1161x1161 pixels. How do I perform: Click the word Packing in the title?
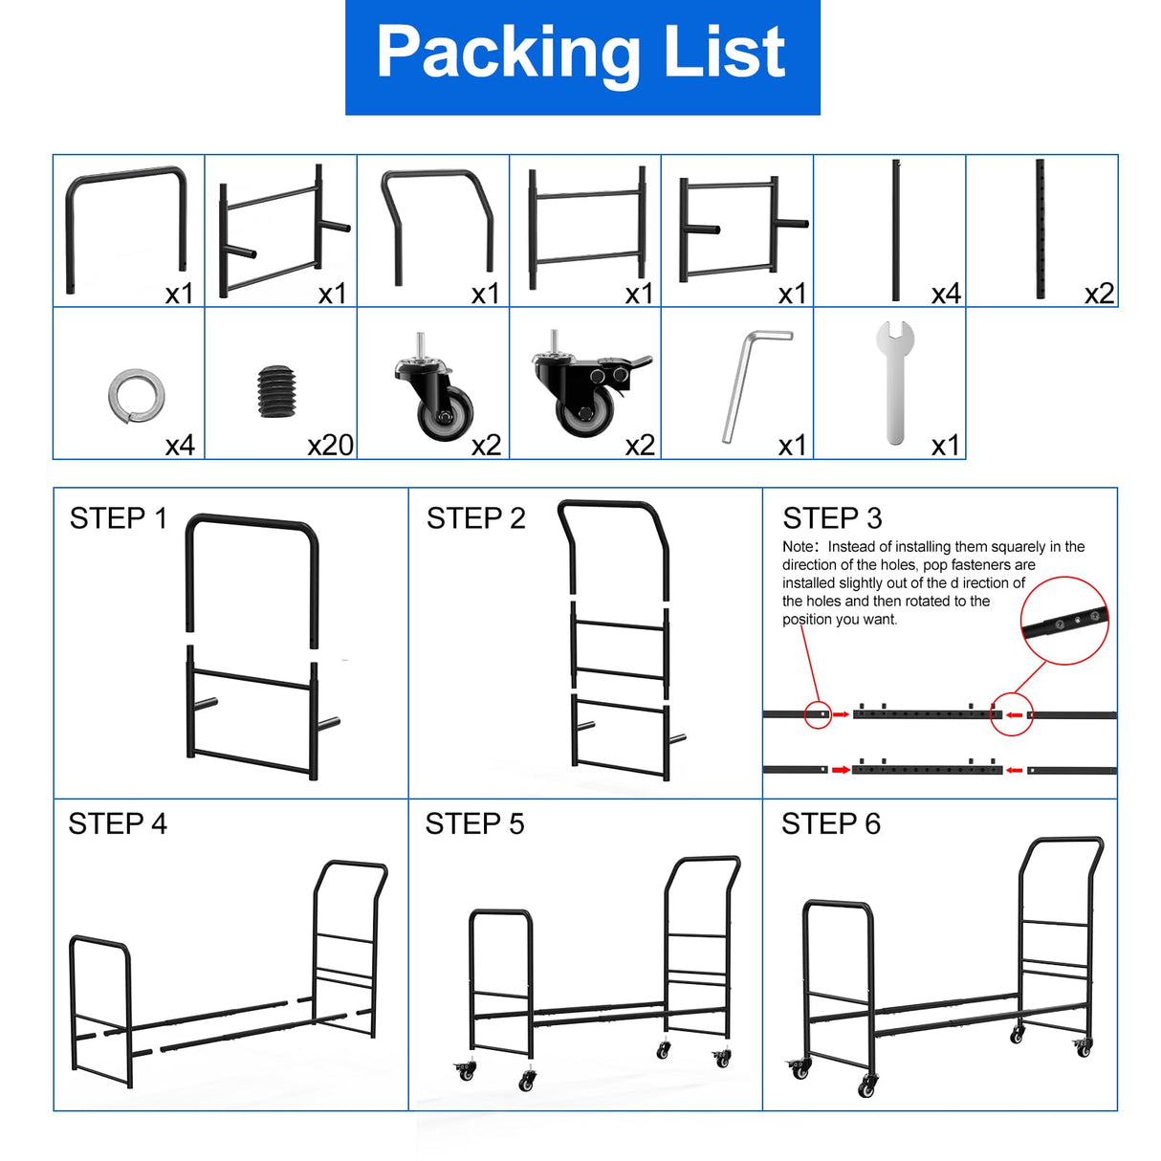(x=508, y=56)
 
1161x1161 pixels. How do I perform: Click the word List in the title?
(x=724, y=52)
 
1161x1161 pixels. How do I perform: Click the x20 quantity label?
(x=330, y=446)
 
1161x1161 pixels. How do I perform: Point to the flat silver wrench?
(x=895, y=382)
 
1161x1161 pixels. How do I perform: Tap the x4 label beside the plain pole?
(x=946, y=294)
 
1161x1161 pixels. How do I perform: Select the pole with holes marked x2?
(x=1040, y=229)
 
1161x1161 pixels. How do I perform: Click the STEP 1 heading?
(x=118, y=518)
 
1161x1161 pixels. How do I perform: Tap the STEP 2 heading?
(x=476, y=518)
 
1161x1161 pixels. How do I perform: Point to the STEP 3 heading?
(x=832, y=518)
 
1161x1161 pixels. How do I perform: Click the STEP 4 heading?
(x=118, y=823)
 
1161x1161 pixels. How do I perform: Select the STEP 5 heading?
(x=474, y=823)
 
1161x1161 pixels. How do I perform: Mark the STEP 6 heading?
(x=831, y=823)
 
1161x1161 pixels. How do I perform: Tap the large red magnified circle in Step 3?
(x=1063, y=620)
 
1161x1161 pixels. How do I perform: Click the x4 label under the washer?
(x=180, y=446)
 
